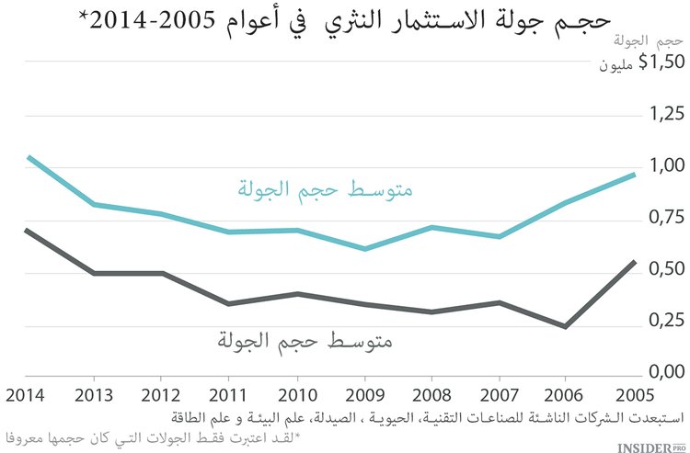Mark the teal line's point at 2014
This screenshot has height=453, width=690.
coord(27,157)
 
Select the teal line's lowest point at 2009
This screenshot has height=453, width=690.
coord(365,248)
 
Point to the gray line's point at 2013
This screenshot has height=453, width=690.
coord(94,273)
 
